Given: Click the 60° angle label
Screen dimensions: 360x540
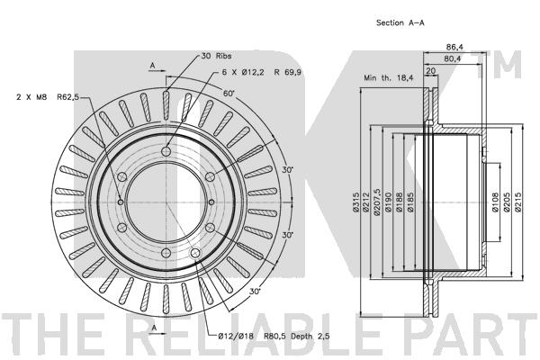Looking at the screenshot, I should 229,94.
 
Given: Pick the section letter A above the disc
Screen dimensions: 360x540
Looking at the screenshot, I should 153,66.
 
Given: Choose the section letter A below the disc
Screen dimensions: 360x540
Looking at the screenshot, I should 153,328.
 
